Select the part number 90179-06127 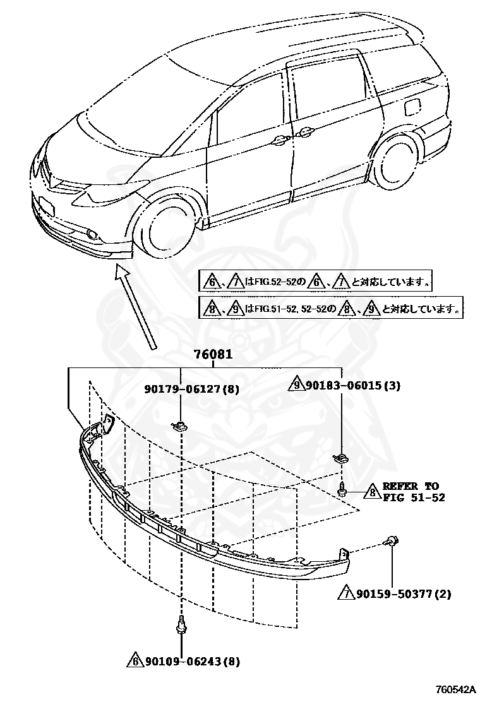tap(181, 390)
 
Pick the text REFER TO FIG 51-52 tap(413, 492)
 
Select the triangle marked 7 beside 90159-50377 tap(346, 594)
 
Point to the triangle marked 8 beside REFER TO tap(371, 492)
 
